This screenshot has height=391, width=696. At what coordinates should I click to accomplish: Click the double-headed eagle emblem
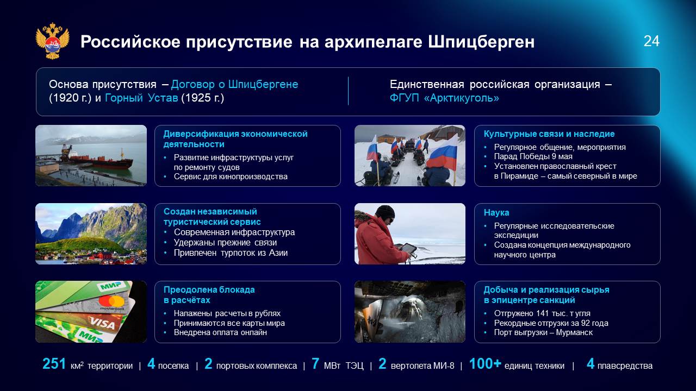click(52, 41)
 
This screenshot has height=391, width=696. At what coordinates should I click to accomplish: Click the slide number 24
click(651, 41)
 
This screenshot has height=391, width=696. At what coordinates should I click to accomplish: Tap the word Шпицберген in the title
click(481, 42)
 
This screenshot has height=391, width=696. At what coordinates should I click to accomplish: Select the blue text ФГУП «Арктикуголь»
click(444, 98)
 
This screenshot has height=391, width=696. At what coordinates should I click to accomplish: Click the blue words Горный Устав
click(141, 98)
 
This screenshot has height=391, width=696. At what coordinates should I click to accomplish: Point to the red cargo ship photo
click(91, 155)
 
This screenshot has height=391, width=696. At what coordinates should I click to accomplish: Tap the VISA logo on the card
click(102, 323)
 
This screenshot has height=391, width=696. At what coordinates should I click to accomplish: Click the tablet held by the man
click(407, 249)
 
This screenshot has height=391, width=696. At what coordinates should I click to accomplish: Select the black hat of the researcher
click(385, 212)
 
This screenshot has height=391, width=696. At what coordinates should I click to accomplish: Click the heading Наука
click(496, 212)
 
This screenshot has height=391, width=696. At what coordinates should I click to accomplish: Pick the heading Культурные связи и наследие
click(549, 134)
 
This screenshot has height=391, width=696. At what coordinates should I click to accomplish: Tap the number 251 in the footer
click(54, 364)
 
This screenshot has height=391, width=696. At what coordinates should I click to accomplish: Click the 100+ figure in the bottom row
click(485, 364)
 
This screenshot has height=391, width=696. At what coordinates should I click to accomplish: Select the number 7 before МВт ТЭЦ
click(315, 364)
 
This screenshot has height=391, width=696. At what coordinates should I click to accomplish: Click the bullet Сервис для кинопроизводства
click(231, 176)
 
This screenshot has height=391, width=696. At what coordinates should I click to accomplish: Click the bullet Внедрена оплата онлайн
click(220, 333)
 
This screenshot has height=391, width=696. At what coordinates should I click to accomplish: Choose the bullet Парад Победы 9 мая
click(533, 156)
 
